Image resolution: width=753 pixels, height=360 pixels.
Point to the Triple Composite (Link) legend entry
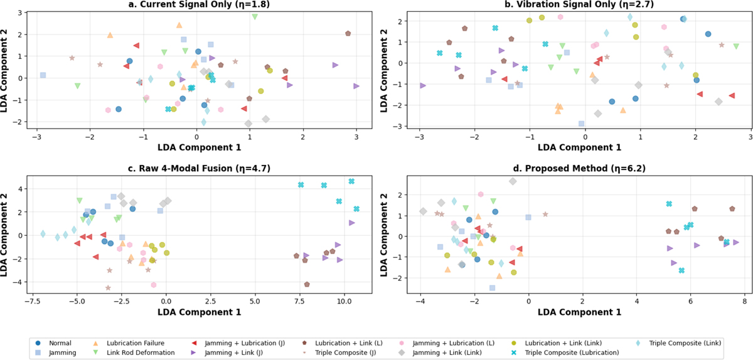point(680,343)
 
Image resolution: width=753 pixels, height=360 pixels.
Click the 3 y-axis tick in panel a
point(21,13)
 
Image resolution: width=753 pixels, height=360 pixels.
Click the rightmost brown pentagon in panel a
point(348,33)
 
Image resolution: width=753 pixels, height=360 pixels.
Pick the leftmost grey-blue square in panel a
point(43,75)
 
